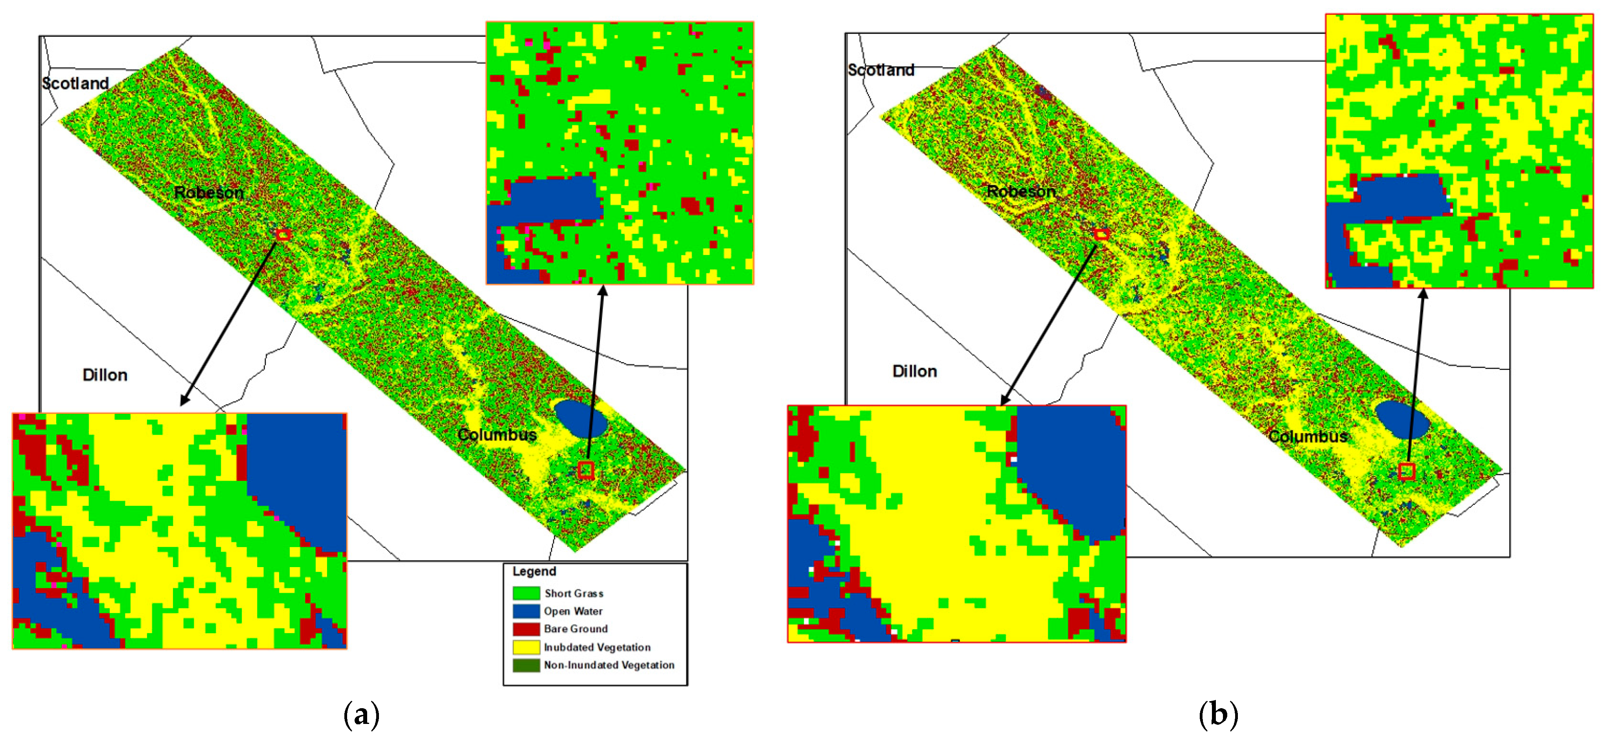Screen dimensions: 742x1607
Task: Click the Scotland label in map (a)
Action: pyautogui.click(x=75, y=84)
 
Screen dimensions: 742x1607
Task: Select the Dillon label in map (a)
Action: pyautogui.click(x=105, y=375)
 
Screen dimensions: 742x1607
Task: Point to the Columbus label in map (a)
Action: pyautogui.click(x=497, y=435)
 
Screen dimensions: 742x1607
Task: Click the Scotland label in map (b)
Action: pyautogui.click(x=881, y=70)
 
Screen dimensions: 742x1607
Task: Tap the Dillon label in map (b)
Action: pyautogui.click(x=914, y=372)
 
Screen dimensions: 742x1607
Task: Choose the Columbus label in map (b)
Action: pyautogui.click(x=1308, y=437)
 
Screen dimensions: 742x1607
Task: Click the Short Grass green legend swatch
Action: pyautogui.click(x=526, y=593)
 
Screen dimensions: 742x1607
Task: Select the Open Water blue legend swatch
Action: pyautogui.click(x=526, y=611)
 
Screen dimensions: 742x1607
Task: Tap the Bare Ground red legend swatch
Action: pyautogui.click(x=526, y=628)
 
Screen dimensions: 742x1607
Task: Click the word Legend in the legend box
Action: pyautogui.click(x=534, y=571)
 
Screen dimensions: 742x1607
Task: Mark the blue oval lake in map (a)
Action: pyautogui.click(x=581, y=419)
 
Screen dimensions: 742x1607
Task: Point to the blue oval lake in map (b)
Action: pyautogui.click(x=1402, y=420)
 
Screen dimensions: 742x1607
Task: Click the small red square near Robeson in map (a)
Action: pyautogui.click(x=283, y=235)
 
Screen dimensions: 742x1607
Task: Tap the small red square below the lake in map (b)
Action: pyautogui.click(x=1406, y=471)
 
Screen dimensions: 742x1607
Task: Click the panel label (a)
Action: pyautogui.click(x=361, y=714)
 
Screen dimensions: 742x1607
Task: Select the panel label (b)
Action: pyautogui.click(x=1218, y=714)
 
